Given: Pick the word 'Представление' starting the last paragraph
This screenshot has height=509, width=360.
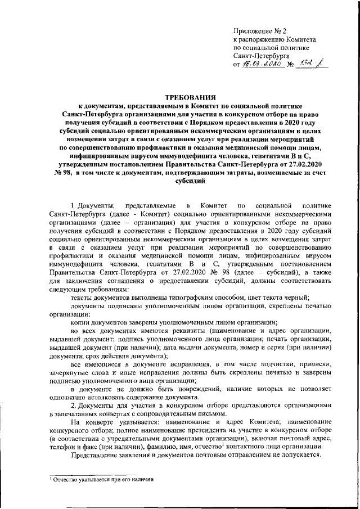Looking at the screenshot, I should click(x=97, y=456).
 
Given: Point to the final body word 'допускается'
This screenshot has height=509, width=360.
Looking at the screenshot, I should click(x=300, y=456).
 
